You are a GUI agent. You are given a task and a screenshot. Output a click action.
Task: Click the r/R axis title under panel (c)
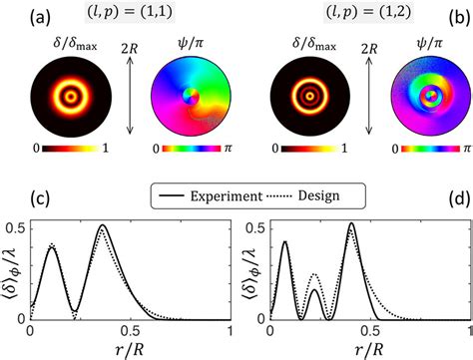[x=131, y=350]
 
